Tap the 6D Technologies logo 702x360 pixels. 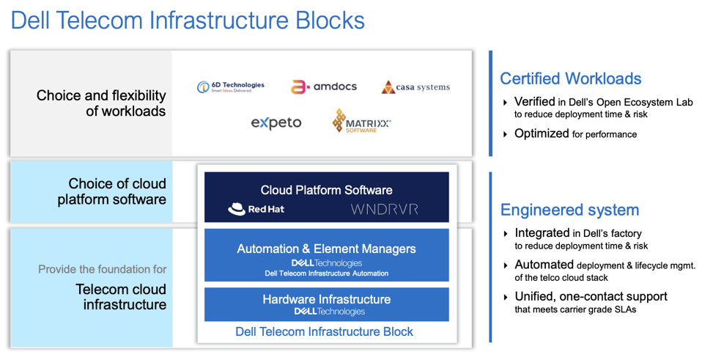coord(231,87)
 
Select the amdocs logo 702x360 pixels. coord(324,87)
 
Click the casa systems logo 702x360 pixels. coord(415,87)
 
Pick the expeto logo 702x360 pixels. coord(276,122)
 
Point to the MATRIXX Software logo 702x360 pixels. coord(361,122)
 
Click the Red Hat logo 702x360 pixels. coord(256,209)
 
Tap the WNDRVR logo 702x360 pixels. coord(384,209)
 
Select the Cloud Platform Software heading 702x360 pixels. coord(326,190)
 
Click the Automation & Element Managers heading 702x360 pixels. coord(326,249)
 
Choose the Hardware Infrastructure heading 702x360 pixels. coord(326,299)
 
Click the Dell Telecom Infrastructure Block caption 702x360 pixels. coord(324,331)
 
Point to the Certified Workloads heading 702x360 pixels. coord(570,78)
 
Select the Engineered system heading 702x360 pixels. coord(569,210)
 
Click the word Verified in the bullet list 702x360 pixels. coord(534,102)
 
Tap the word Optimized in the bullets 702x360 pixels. coord(542,133)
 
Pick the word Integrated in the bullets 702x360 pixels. coord(542,233)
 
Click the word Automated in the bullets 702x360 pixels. coord(544,265)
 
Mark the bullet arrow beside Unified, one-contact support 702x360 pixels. coord(505,297)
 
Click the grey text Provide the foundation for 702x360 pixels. coord(102,269)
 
